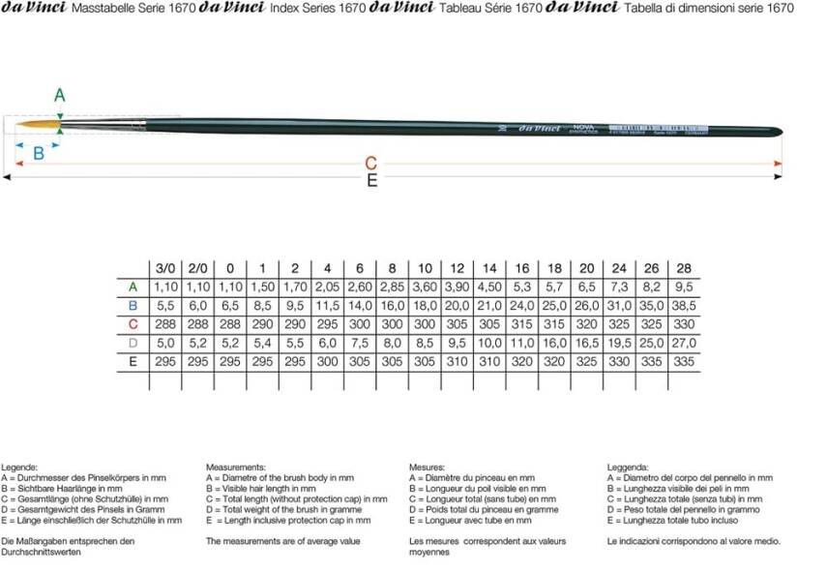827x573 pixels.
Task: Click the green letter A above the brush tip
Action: (60, 95)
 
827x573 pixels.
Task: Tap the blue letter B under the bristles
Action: (39, 152)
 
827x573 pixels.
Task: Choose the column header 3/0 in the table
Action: (165, 268)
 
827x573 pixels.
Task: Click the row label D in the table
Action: (133, 342)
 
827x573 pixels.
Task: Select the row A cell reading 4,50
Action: (489, 286)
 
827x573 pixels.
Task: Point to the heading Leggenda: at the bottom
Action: (628, 467)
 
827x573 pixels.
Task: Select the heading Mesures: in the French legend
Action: (428, 467)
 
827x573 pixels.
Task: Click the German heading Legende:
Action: (21, 467)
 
